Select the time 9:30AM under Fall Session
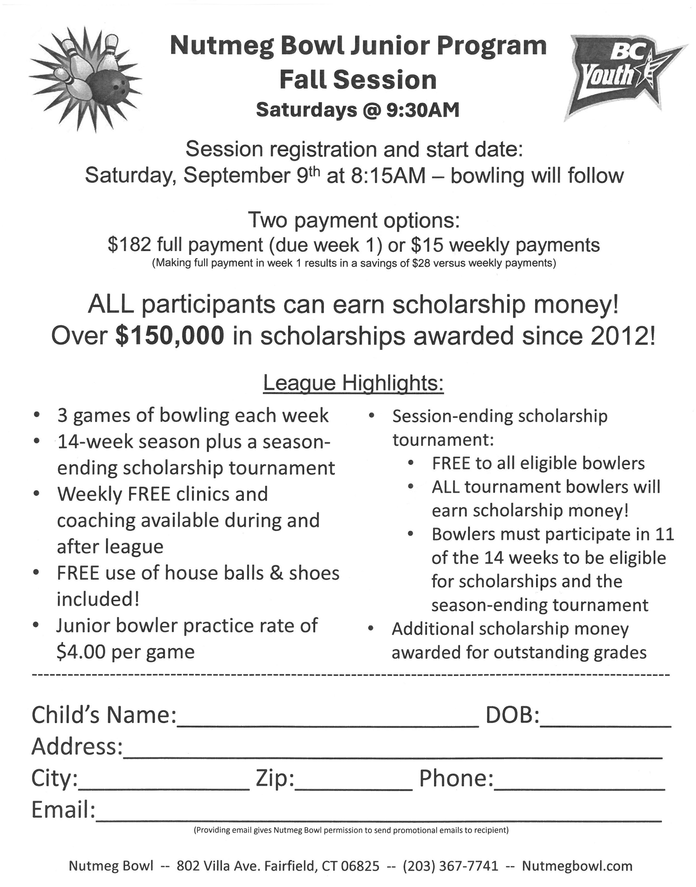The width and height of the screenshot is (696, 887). pos(423,110)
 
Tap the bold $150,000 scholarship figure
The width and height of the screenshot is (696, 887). pos(170,336)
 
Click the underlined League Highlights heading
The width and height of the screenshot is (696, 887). pos(353,383)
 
